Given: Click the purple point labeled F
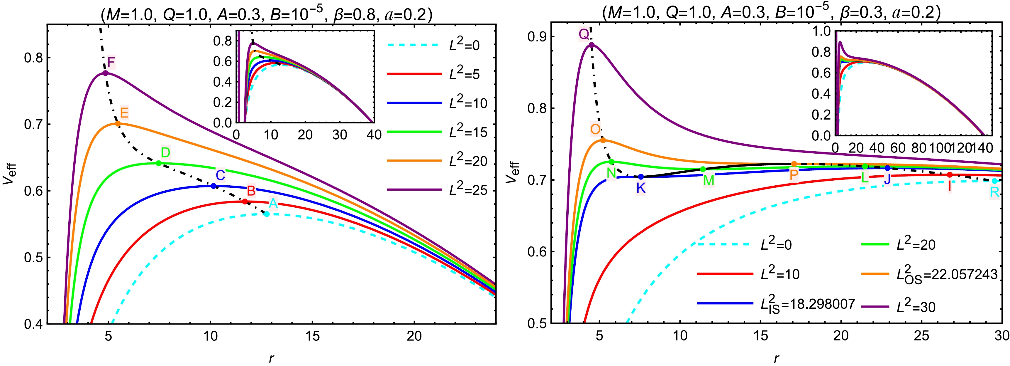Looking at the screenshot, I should click(105, 73).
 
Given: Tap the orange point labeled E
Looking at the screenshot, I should click(118, 124).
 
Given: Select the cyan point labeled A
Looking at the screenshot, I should click(267, 214).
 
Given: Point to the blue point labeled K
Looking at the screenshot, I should click(641, 177).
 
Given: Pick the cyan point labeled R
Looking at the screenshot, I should click(994, 181).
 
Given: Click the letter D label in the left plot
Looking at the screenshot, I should click(165, 152).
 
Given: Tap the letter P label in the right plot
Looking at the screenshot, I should click(794, 175).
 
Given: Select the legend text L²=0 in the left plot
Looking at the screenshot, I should click(464, 45).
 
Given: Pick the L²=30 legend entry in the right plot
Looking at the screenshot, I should click(916, 307).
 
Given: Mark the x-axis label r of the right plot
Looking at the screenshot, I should click(776, 358).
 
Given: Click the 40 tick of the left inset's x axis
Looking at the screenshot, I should click(374, 135).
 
